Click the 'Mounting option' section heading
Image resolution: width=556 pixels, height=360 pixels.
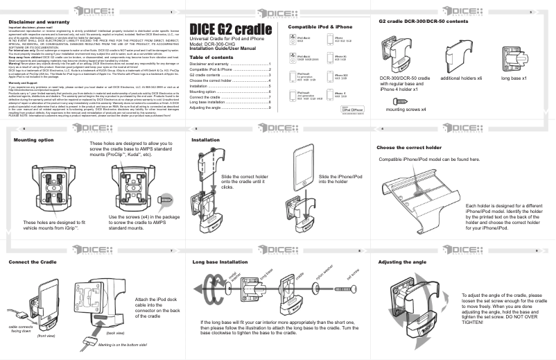click(33, 139)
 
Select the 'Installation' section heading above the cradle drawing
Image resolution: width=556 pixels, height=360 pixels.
click(206, 139)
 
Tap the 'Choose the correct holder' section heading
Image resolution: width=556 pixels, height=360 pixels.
click(408, 148)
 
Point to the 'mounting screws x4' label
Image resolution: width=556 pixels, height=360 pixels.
click(407, 110)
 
